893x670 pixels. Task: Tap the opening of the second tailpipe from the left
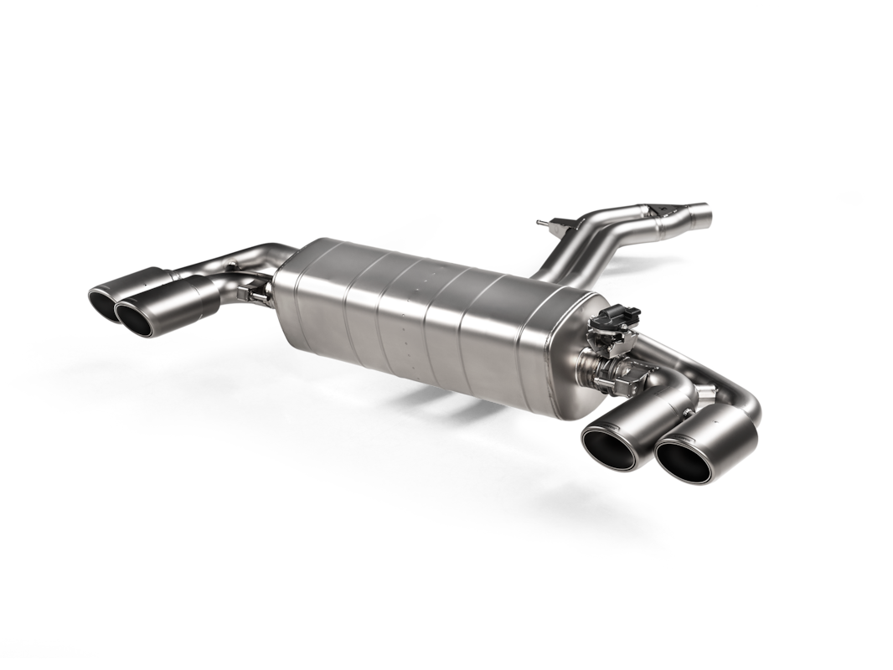(x=139, y=317)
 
